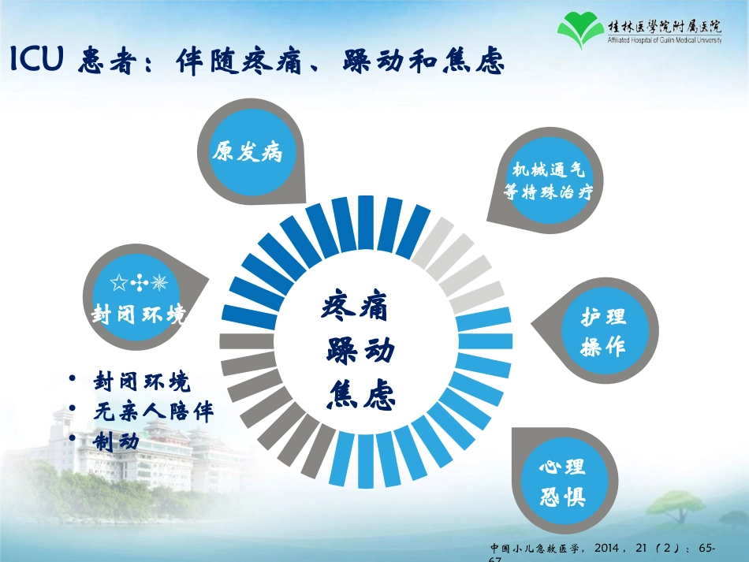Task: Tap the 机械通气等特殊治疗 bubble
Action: [x=547, y=180]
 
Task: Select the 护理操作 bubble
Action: [x=603, y=332]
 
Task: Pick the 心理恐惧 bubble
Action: [x=561, y=482]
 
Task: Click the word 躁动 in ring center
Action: [x=360, y=351]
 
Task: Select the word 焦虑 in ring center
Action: [x=360, y=394]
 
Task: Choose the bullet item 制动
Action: [x=116, y=441]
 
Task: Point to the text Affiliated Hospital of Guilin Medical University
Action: [x=665, y=39]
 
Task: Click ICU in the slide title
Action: [x=37, y=61]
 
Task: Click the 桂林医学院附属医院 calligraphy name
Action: [x=665, y=24]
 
